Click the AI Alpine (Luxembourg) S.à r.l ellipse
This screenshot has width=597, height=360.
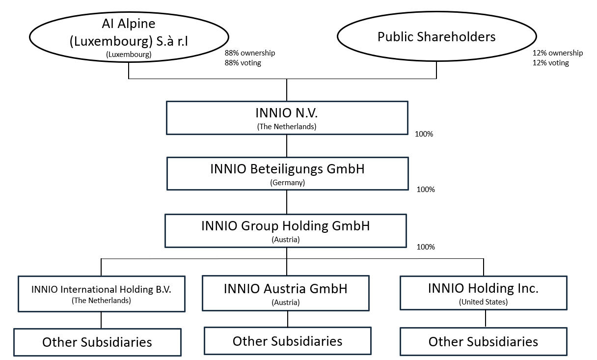pyautogui.click(x=129, y=37)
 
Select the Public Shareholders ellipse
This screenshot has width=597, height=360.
pyautogui.click(x=437, y=36)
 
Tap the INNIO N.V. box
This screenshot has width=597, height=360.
pyautogui.click(x=287, y=118)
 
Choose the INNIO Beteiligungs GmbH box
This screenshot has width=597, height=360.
pyautogui.click(x=288, y=173)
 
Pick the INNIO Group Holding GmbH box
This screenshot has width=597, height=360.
pyautogui.click(x=286, y=231)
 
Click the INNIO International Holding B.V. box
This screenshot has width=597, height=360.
pyautogui.click(x=102, y=294)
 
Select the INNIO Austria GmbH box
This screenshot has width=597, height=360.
pyautogui.click(x=286, y=293)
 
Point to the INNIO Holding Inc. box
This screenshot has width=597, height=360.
pyautogui.click(x=484, y=293)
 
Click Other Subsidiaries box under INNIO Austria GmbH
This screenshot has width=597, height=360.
pyautogui.click(x=288, y=341)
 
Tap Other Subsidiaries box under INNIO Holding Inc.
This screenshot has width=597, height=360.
pyautogui.click(x=484, y=342)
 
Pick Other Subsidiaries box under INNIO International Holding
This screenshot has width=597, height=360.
pyautogui.click(x=98, y=342)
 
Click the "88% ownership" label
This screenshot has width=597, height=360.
pyautogui.click(x=250, y=53)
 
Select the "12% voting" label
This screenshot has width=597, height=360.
pyautogui.click(x=551, y=63)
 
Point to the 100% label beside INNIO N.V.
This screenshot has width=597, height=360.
pyautogui.click(x=424, y=134)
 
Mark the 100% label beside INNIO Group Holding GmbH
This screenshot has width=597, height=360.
pyautogui.click(x=426, y=247)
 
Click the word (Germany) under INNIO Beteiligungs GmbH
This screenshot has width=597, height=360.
pyautogui.click(x=288, y=183)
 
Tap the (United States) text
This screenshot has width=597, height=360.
pyautogui.click(x=483, y=302)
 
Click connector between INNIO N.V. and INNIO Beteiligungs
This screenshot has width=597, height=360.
pyautogui.click(x=287, y=146)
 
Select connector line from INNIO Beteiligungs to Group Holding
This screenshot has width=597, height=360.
pyautogui.click(x=287, y=202)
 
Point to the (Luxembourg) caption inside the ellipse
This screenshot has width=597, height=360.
pyautogui.click(x=129, y=55)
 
